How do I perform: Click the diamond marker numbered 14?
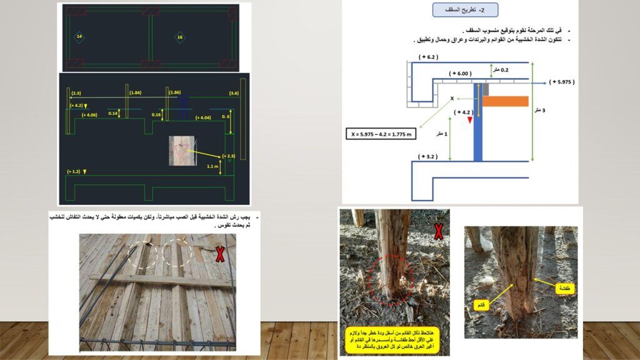tap(79, 37)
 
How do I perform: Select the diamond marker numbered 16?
tap(180, 37)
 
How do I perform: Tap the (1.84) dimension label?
tap(135, 93)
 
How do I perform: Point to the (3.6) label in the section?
tap(234, 93)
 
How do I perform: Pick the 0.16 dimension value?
tap(156, 115)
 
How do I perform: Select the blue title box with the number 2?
tap(464, 10)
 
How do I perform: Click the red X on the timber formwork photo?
tap(220, 254)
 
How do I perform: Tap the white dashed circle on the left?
tap(144, 256)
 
